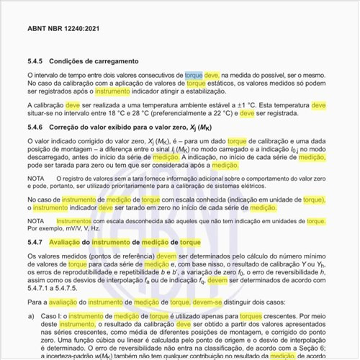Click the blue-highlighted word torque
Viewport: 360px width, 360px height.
194,74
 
